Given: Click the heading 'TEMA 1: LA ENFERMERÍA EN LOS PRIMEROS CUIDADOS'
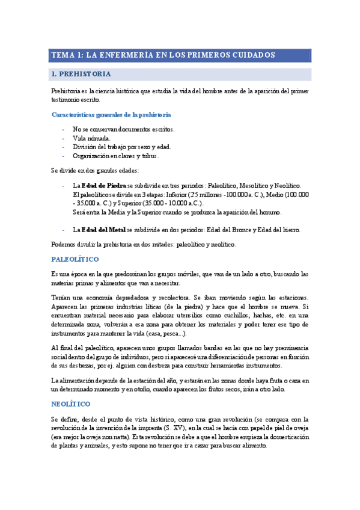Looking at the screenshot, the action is (163, 55).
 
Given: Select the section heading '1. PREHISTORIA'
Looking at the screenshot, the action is (81, 75).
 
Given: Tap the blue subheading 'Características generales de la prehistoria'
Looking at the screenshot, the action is (111, 114).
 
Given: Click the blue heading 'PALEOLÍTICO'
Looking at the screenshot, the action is (75, 259).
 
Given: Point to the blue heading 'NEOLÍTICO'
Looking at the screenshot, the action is (71, 403).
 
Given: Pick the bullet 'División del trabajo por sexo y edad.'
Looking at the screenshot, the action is (121, 147).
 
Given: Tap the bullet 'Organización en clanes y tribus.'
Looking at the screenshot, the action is (115, 156).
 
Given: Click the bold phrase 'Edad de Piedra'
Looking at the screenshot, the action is (103, 186).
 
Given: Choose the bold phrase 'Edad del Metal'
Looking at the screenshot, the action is (103, 230).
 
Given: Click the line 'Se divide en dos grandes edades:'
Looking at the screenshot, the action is (95, 170).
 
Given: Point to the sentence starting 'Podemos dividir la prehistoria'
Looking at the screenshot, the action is (144, 244).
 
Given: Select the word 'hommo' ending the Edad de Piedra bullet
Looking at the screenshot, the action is (269, 212).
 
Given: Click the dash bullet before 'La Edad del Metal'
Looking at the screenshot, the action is (64, 230).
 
